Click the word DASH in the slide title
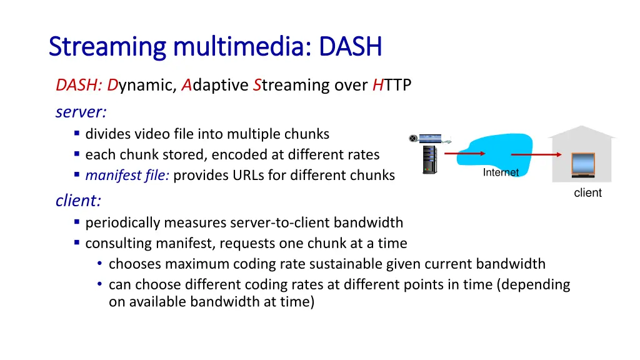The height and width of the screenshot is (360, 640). pyautogui.click(x=350, y=47)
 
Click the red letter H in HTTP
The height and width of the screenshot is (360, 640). pyautogui.click(x=377, y=86)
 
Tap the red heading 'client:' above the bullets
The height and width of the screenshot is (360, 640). pyautogui.click(x=78, y=201)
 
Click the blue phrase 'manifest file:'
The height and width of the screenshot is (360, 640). pyautogui.click(x=127, y=176)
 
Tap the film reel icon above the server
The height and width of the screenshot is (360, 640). pyautogui.click(x=413, y=138)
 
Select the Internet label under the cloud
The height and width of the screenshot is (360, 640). pyautogui.click(x=501, y=172)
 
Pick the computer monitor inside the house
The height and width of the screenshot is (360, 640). pyautogui.click(x=582, y=165)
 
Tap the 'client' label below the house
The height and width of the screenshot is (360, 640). pyautogui.click(x=587, y=193)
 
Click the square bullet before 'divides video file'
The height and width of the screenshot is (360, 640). pyautogui.click(x=76, y=133)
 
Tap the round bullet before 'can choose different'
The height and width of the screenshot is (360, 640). pyautogui.click(x=100, y=284)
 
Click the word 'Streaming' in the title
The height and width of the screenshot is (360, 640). pyautogui.click(x=106, y=47)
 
